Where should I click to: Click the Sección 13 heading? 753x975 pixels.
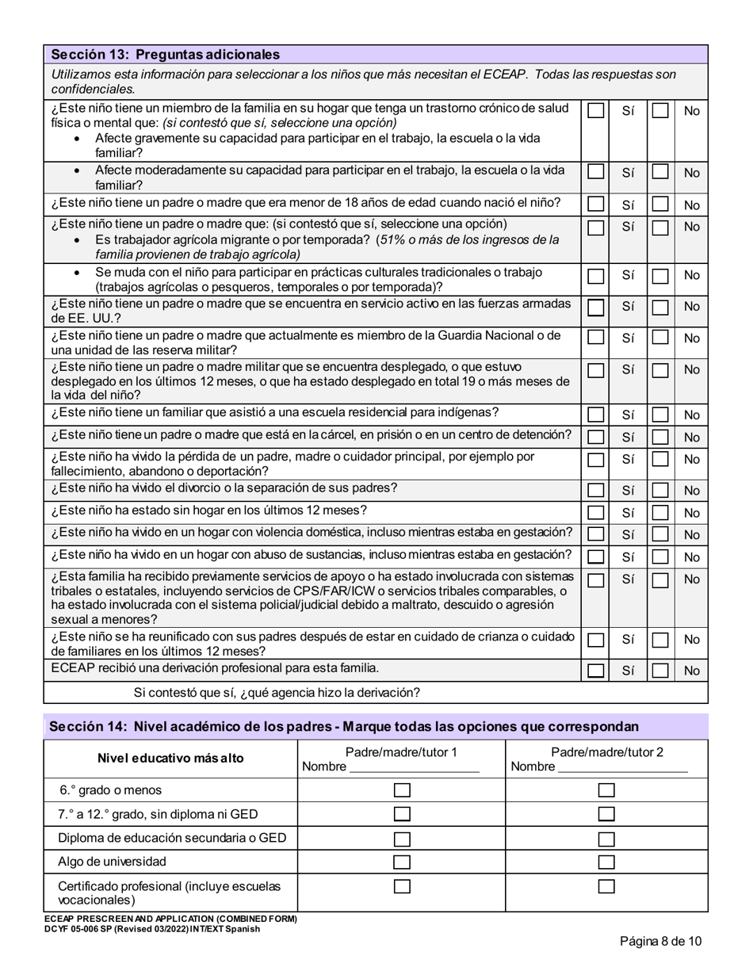[165, 55]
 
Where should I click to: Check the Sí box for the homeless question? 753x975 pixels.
[596, 513]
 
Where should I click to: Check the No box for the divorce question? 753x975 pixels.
[659, 491]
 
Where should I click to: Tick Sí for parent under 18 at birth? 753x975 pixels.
[596, 205]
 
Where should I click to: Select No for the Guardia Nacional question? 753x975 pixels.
[659, 338]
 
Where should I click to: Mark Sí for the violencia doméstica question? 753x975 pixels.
[596, 535]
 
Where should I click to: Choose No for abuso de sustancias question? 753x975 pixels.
[659, 557]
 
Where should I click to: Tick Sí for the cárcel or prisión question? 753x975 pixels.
[596, 437]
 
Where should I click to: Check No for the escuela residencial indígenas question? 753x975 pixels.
[659, 415]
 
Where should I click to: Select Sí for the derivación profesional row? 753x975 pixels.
[596, 671]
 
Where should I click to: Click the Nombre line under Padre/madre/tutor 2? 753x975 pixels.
[622, 767]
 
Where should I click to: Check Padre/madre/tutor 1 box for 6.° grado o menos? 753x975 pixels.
[402, 790]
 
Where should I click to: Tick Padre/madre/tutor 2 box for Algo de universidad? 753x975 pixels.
[606, 862]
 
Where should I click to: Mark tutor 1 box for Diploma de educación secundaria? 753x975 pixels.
[402, 839]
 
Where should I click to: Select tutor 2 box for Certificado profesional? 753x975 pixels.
[606, 887]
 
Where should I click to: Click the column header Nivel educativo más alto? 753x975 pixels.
[170, 759]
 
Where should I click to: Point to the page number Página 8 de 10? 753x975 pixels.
[660, 942]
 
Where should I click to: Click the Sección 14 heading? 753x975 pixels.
[343, 727]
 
